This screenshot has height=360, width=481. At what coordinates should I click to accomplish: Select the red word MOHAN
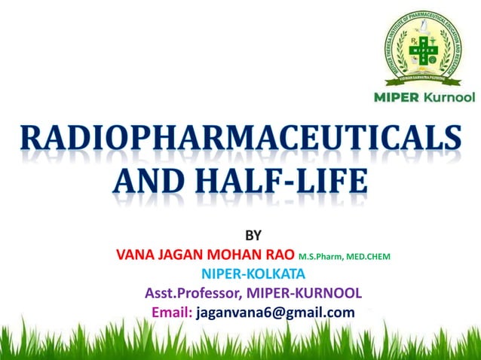pyautogui.click(x=241, y=255)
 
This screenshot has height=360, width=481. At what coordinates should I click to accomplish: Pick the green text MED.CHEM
pyautogui.click(x=369, y=257)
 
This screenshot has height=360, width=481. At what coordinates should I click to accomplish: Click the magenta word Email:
pyautogui.click(x=172, y=312)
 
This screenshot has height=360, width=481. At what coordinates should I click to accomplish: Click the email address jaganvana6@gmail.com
pyautogui.click(x=275, y=312)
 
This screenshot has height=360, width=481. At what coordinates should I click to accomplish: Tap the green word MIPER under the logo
pyautogui.click(x=397, y=98)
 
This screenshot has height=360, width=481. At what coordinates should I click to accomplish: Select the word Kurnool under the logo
pyautogui.click(x=449, y=98)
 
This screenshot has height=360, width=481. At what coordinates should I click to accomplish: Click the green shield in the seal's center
pyautogui.click(x=424, y=49)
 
